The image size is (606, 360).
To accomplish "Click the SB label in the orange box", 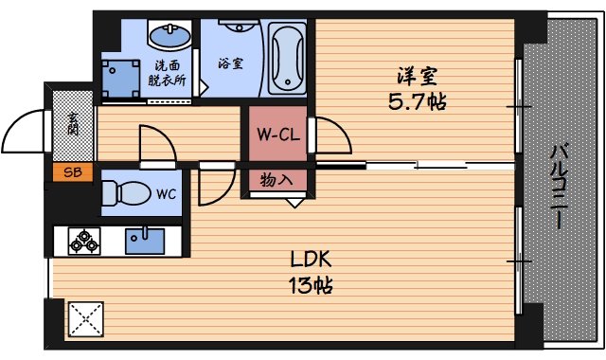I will pyautogui.click(x=71, y=171).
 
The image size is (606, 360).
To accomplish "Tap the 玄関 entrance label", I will pyautogui.click(x=73, y=123).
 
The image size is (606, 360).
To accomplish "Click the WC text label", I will pyautogui.click(x=166, y=194).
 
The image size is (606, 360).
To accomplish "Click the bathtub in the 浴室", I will pyautogui.click(x=285, y=59).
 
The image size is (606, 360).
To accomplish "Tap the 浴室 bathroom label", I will pyautogui.click(x=231, y=64).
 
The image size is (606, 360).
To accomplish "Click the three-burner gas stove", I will pyautogui.click(x=83, y=241).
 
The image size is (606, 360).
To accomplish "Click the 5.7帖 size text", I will pyautogui.click(x=418, y=100).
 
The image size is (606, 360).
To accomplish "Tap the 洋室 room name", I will pyautogui.click(x=418, y=74).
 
